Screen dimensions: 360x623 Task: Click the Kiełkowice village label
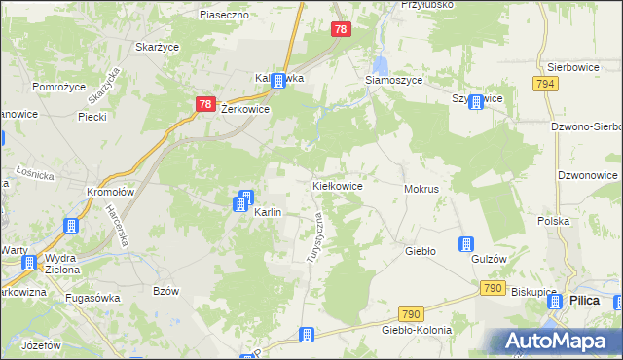click(x=337, y=185)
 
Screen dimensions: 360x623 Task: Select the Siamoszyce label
click(x=393, y=81)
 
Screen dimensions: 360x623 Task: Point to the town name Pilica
click(x=584, y=301)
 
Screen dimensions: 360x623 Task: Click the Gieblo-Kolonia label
click(x=417, y=330)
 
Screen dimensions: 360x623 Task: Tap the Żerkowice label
click(x=245, y=111)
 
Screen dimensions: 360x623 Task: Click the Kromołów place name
click(x=108, y=192)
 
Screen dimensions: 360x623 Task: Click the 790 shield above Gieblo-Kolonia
click(x=411, y=313)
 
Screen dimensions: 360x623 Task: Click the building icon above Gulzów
click(x=466, y=244)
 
